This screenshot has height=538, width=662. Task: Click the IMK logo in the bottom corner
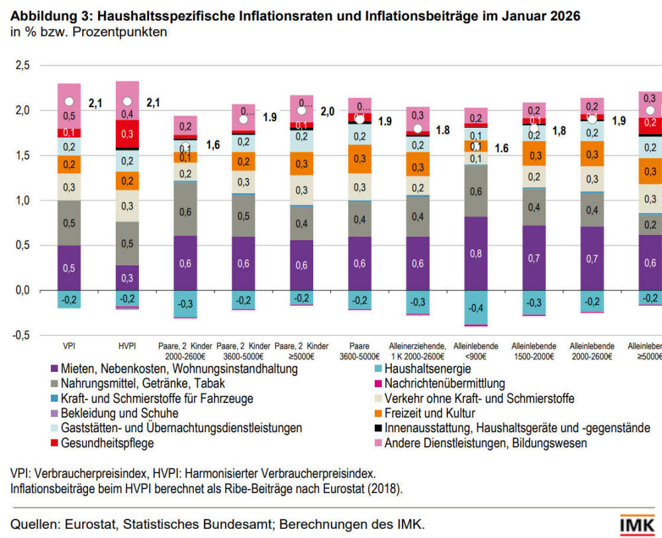pyautogui.click(x=637, y=524)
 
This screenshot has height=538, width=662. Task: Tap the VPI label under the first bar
pyautogui.click(x=68, y=346)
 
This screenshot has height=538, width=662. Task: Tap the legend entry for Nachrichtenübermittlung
pyautogui.click(x=444, y=384)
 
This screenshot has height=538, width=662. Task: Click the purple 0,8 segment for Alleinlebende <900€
pyautogui.click(x=475, y=253)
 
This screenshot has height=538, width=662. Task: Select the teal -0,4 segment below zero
pyautogui.click(x=475, y=308)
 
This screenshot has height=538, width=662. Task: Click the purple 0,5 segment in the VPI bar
pyautogui.click(x=68, y=268)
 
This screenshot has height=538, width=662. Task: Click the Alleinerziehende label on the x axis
pyautogui.click(x=418, y=346)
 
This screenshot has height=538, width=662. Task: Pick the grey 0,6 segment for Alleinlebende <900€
pyautogui.click(x=475, y=191)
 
